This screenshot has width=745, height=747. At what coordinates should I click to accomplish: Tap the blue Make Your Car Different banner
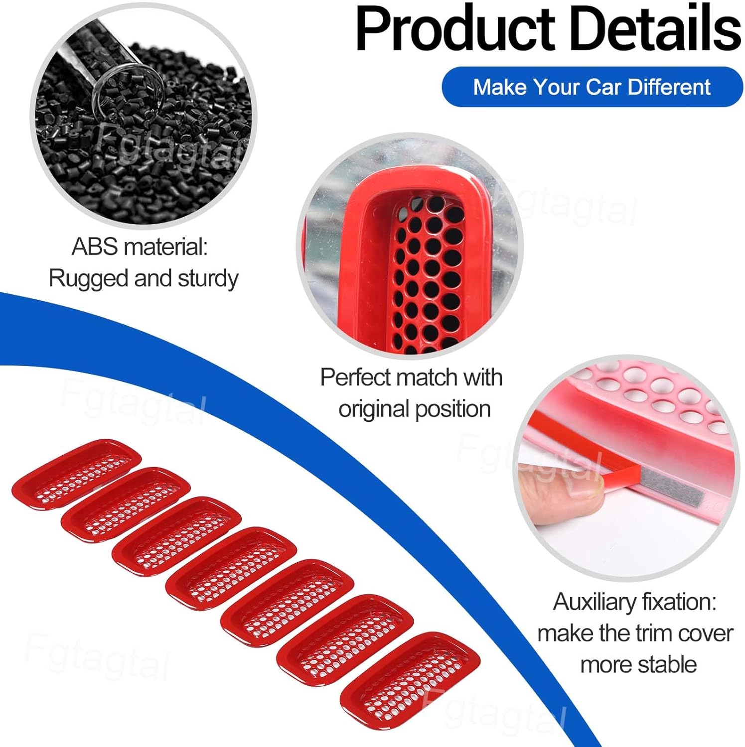coord(592,87)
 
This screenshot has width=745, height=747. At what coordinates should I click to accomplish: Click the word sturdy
coord(208,278)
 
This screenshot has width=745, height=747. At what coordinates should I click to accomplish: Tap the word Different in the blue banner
coord(669,87)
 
